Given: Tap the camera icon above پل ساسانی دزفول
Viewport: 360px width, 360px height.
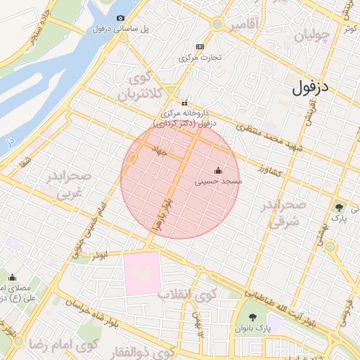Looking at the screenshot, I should coord(120,18).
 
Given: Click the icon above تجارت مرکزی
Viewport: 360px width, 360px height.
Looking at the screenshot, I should coord(200,46).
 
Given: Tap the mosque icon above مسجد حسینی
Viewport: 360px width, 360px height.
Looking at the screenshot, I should coord(218,170).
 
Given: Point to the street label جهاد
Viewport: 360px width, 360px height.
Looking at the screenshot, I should coord(160,150).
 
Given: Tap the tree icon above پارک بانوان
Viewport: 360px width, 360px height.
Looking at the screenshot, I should coord(253,317).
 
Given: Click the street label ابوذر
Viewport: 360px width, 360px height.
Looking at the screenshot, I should coord(98,256).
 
